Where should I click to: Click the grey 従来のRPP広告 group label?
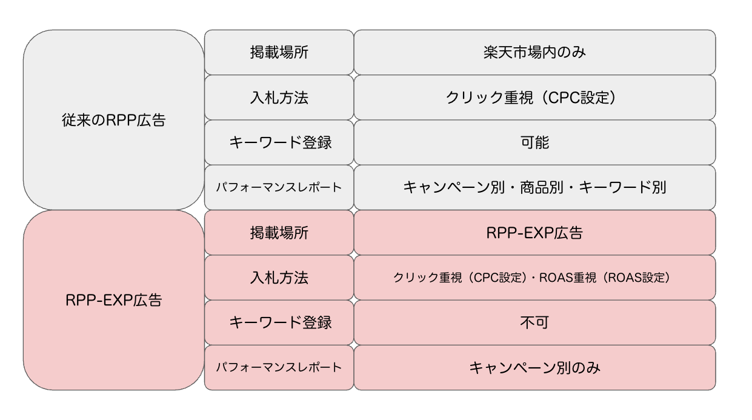tap(113, 120)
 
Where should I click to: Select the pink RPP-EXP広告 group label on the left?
tap(113, 300)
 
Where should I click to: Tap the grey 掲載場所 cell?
tap(279, 52)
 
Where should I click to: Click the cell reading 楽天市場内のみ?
tap(535, 52)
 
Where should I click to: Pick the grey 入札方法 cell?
tap(279, 98)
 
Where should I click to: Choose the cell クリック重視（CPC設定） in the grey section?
tap(535, 98)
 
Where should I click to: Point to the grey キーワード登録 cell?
tap(279, 142)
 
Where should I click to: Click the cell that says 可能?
tap(535, 142)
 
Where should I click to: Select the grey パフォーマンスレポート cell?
tap(279, 187)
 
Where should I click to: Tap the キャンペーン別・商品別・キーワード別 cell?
tap(535, 187)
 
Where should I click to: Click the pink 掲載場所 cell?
tap(279, 232)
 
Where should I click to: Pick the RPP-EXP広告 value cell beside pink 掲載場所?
tap(535, 232)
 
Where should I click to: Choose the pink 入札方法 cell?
tap(279, 278)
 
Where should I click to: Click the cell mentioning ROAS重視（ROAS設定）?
tap(535, 278)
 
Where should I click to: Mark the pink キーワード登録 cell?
tap(279, 322)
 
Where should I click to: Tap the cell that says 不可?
tap(535, 322)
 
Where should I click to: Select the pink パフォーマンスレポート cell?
tap(279, 368)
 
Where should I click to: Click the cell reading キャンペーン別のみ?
tap(535, 368)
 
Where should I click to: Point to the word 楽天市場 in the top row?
tap(513, 52)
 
